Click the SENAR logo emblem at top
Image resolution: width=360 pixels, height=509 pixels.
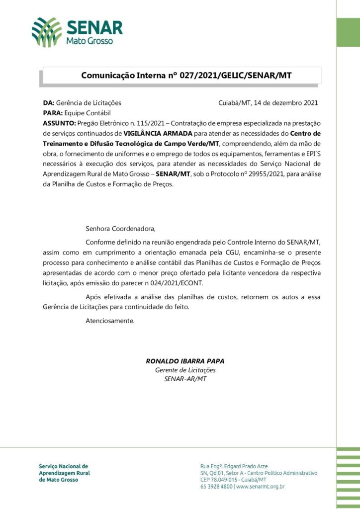(47, 31)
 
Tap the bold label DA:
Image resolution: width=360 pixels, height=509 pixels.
(49, 103)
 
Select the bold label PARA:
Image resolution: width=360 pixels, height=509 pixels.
(53, 113)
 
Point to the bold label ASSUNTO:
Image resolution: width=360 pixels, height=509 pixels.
(59, 123)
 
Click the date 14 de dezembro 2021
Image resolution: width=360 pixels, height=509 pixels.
(285, 103)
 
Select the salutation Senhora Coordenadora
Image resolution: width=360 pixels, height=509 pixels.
(120, 229)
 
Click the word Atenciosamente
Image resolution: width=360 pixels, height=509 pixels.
(110, 321)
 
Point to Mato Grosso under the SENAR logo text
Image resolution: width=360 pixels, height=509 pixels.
(90, 41)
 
